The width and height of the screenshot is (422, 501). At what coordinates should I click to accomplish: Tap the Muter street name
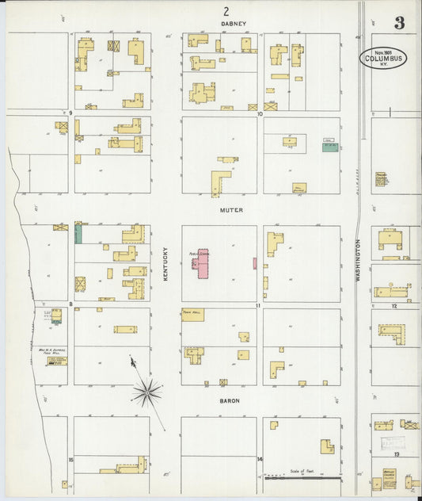pos(232,210)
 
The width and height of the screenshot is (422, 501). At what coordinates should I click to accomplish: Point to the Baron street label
pos(230,401)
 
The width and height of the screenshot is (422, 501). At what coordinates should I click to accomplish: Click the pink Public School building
pos(202,264)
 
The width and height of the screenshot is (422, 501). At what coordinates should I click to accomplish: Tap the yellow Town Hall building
pos(192,313)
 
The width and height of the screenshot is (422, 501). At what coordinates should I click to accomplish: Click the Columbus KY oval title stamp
pos(384,57)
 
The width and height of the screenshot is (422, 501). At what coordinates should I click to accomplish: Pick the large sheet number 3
pos(400,23)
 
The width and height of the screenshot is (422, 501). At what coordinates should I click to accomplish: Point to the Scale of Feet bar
pos(301,477)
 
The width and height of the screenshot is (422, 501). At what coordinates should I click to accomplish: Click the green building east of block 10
pos(329,147)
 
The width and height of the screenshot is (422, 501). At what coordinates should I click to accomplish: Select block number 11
pos(258,305)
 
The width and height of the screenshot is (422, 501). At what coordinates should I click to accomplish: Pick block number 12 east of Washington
pos(393,304)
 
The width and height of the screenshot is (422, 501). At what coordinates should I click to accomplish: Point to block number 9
pos(70,113)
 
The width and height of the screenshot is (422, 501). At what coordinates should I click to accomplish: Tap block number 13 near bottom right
pos(393,455)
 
